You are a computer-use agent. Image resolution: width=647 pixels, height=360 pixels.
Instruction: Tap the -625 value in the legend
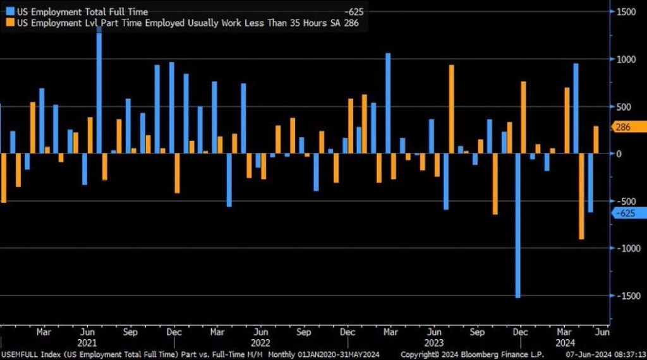[354, 11]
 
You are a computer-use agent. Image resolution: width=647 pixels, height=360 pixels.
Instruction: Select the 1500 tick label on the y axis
[627, 12]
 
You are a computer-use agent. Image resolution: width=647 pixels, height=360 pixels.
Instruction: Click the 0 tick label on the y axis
[619, 153]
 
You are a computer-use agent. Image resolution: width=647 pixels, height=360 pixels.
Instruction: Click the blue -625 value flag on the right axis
[627, 213]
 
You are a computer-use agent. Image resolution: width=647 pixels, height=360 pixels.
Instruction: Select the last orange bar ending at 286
[596, 140]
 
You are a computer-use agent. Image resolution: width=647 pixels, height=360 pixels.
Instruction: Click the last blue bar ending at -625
[590, 183]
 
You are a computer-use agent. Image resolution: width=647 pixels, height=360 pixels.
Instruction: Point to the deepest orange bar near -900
[581, 196]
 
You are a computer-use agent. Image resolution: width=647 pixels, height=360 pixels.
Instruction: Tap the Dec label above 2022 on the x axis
[347, 332]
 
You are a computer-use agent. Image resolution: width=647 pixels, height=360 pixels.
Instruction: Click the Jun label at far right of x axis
[602, 332]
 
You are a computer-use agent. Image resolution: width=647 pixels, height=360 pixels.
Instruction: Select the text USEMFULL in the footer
[21, 354]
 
